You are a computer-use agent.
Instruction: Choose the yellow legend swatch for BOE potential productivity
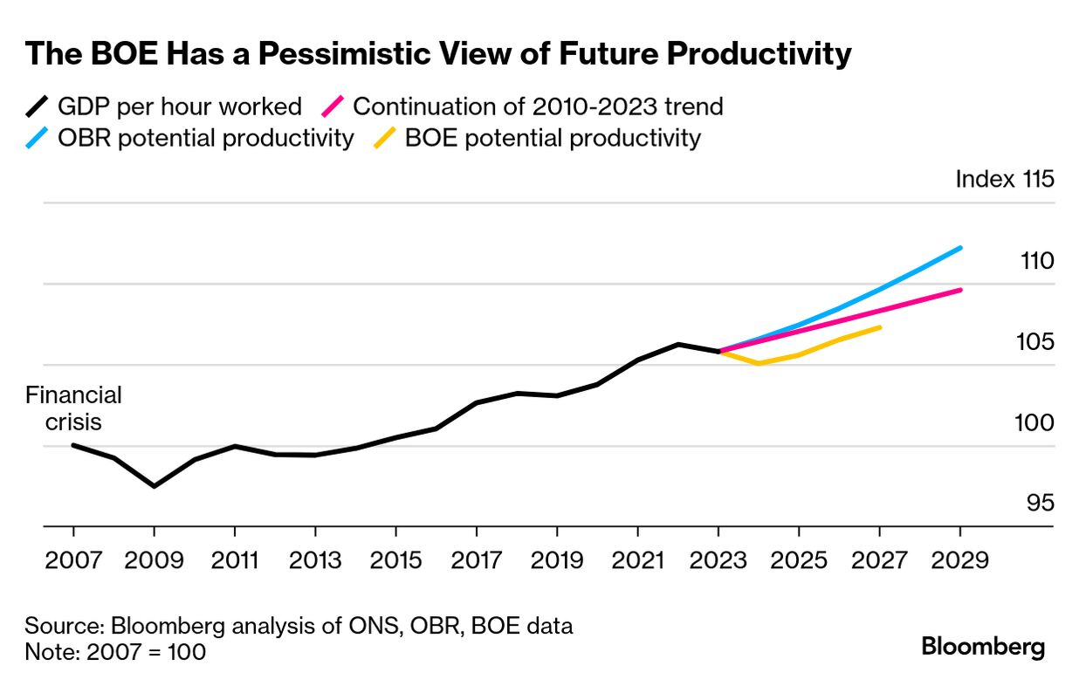click(385, 138)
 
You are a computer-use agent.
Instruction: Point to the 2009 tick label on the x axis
click(155, 559)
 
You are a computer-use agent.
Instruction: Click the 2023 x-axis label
click(718, 559)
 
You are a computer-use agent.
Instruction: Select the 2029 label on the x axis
click(960, 559)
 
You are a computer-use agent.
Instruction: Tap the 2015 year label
click(396, 559)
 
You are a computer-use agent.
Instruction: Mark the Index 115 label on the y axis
click(1005, 179)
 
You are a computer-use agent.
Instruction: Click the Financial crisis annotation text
click(73, 408)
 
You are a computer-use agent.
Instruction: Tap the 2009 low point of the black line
click(155, 485)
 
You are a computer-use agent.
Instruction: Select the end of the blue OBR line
click(960, 248)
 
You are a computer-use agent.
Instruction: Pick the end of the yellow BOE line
click(879, 327)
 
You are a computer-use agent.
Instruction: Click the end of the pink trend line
click(960, 290)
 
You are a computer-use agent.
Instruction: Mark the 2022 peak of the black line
click(678, 344)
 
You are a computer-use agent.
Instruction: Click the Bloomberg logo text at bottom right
click(983, 648)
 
